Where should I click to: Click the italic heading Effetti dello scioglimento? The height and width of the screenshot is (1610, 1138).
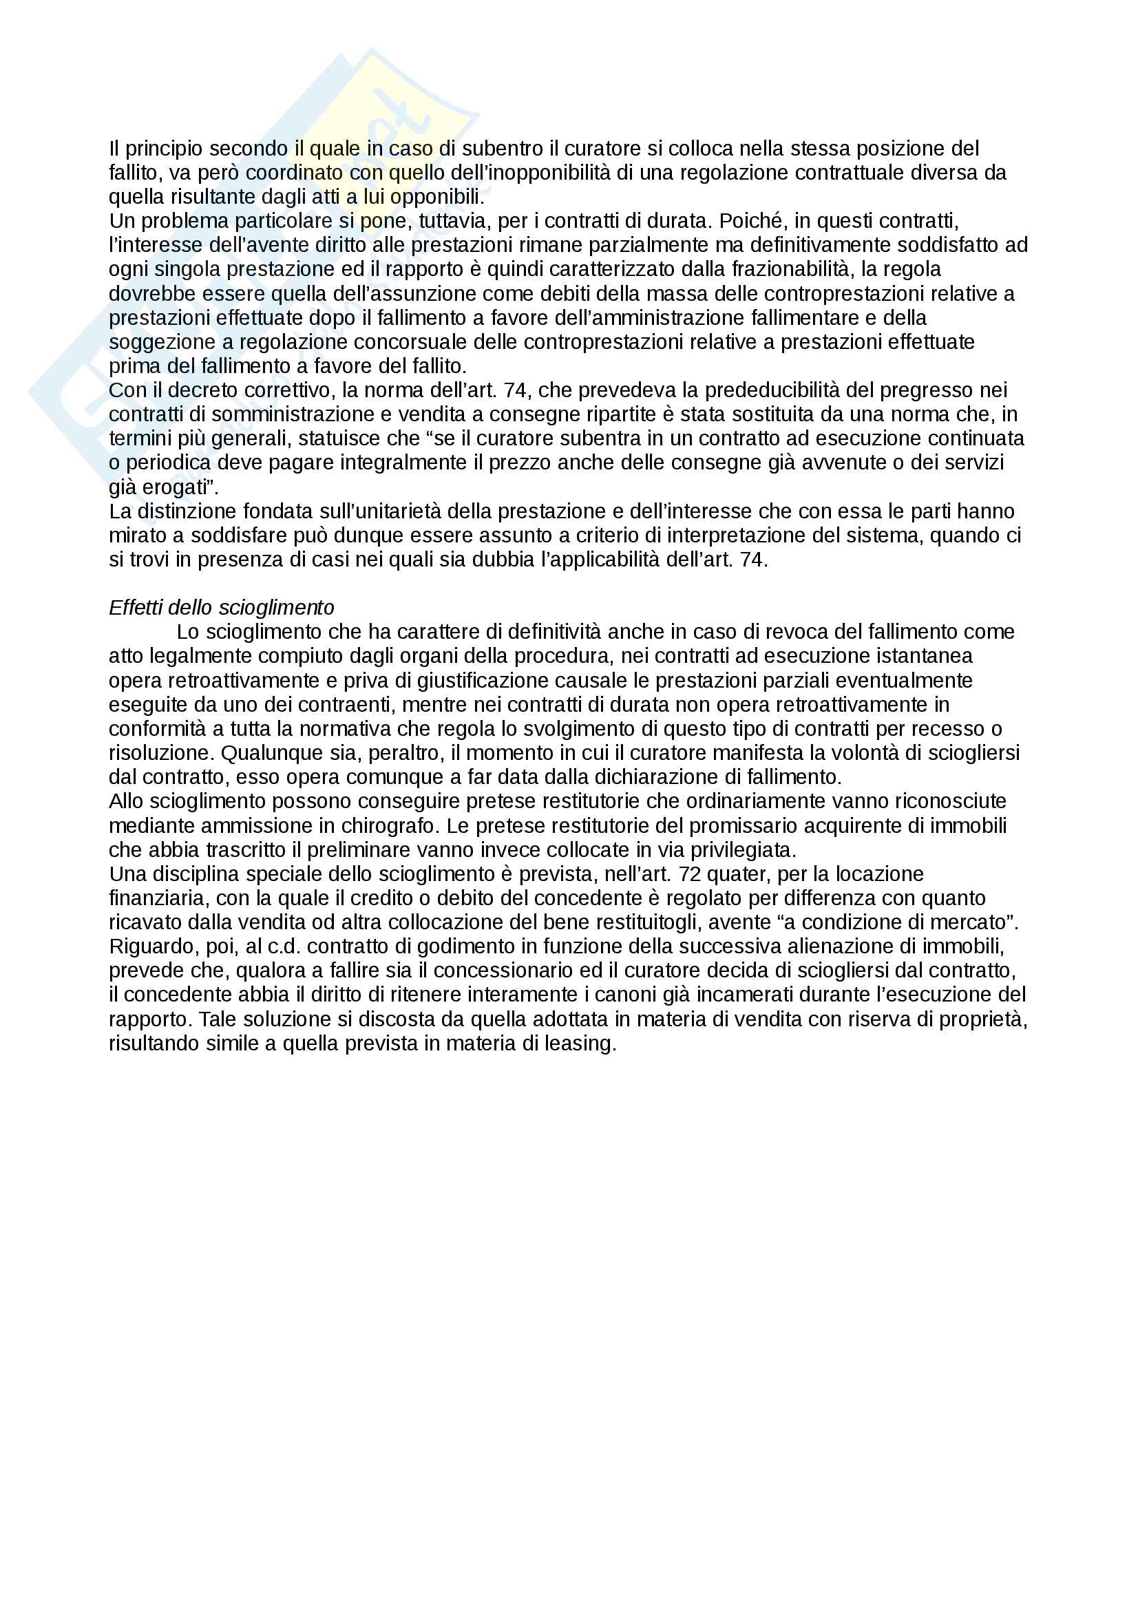click(x=222, y=607)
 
